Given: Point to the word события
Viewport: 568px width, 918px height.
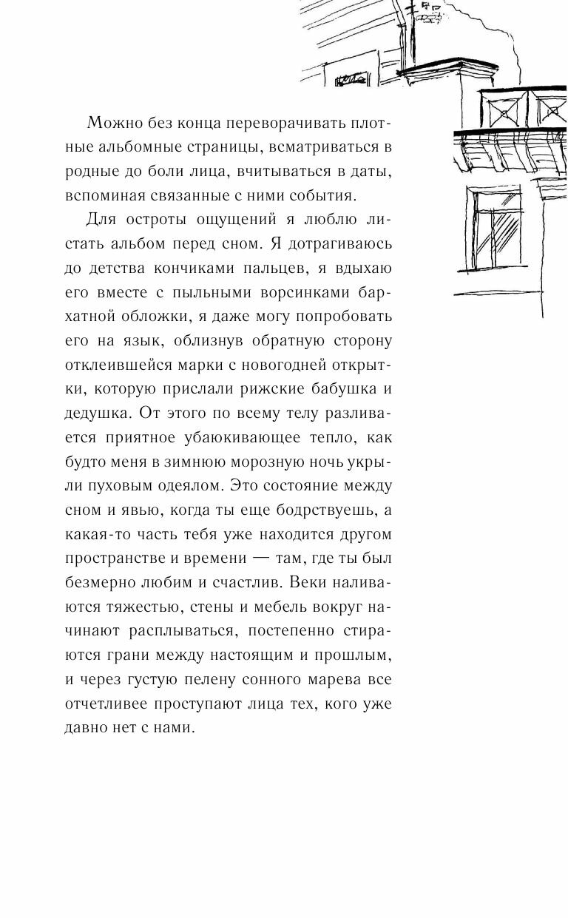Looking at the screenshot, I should click(x=322, y=195).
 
